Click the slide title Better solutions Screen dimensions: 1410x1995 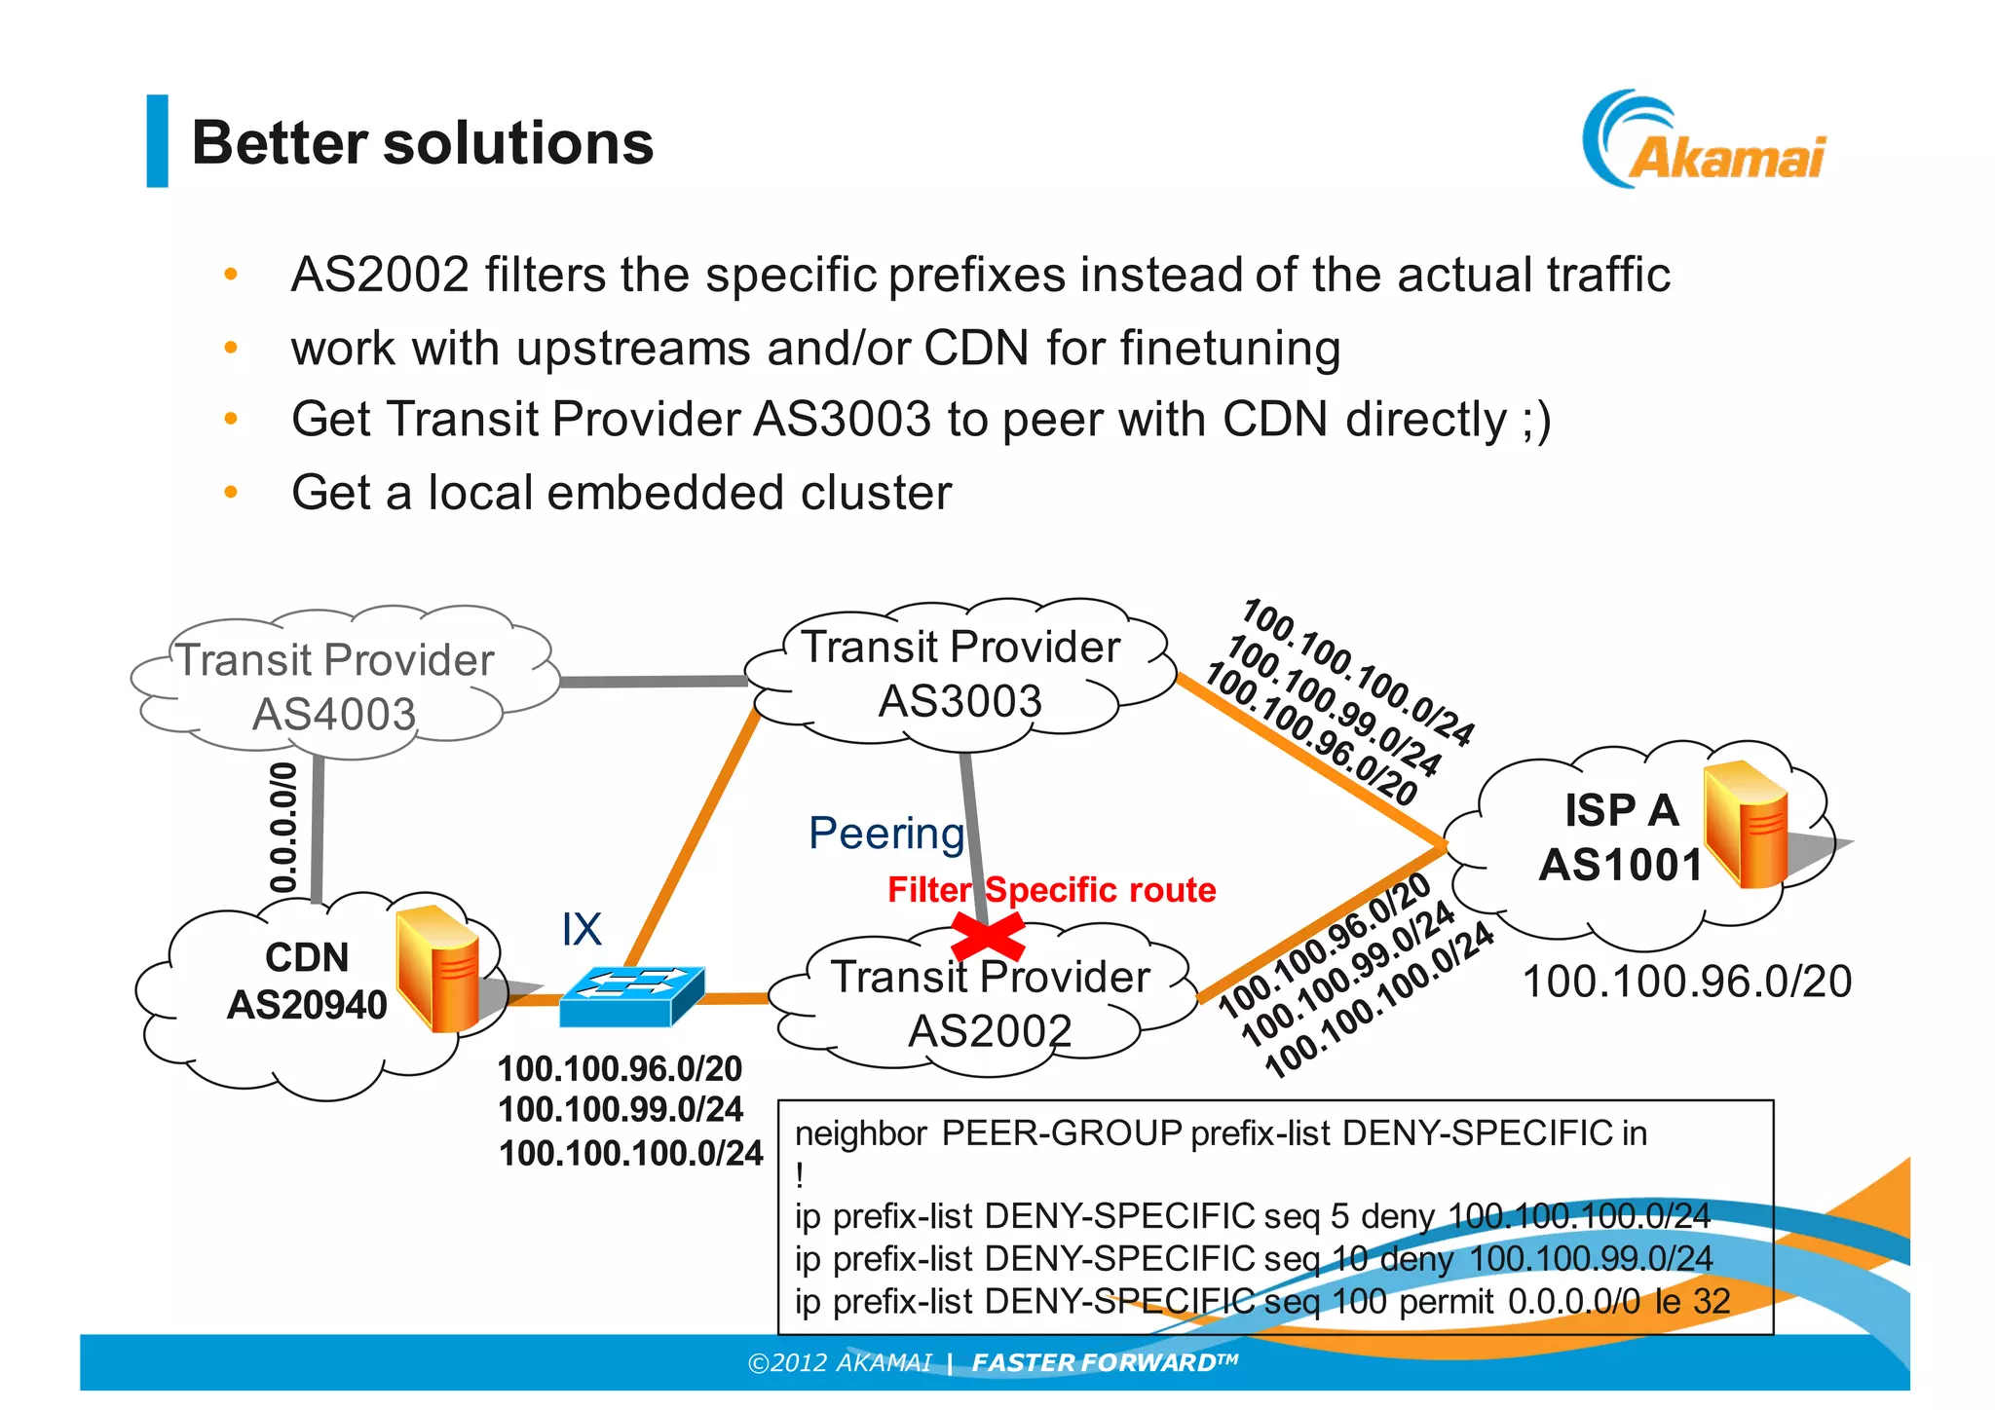click(x=422, y=143)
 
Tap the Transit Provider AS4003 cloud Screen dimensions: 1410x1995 click(x=334, y=686)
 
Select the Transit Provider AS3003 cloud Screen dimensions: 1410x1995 click(x=960, y=673)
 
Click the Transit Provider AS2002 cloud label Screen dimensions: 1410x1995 click(x=990, y=1003)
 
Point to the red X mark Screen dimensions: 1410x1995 click(x=987, y=938)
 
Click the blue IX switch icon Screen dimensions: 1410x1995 click(x=631, y=995)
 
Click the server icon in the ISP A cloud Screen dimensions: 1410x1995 click(x=1747, y=825)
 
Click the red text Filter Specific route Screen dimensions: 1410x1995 click(x=1051, y=890)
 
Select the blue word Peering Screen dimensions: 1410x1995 click(x=885, y=834)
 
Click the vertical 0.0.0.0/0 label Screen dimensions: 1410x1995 click(x=282, y=828)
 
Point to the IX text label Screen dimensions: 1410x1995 click(x=582, y=929)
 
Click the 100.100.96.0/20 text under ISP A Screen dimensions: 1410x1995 click(x=1686, y=982)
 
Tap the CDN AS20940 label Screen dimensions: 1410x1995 click(x=307, y=981)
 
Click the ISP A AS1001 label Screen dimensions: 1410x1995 click(x=1621, y=837)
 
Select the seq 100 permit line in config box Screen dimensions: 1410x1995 click(x=1261, y=1302)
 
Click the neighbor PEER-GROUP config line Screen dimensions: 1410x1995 click(x=1220, y=1133)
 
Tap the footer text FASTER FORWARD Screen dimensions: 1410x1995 click(x=1104, y=1362)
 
